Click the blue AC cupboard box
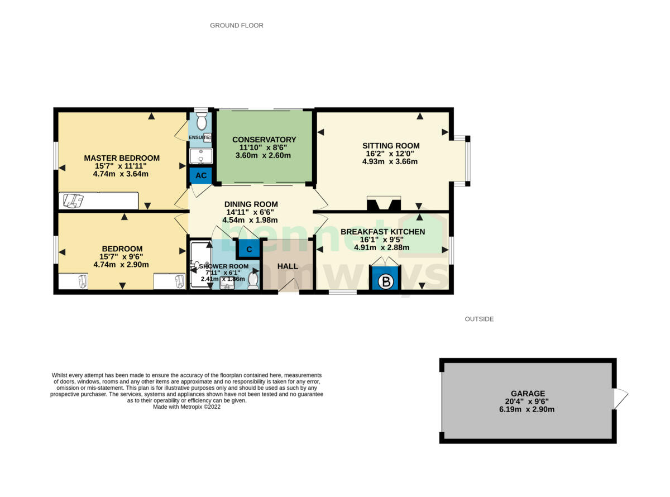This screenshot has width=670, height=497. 200,176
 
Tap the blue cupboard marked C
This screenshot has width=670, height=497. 249,248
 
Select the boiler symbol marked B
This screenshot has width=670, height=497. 386,281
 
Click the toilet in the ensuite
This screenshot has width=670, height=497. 202,121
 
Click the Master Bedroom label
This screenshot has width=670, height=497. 122,158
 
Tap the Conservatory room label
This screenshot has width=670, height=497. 264,140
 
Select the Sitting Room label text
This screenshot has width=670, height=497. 390,146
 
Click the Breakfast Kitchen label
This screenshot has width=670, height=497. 382,232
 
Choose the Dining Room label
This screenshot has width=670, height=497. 251,204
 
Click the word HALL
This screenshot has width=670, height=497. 288,266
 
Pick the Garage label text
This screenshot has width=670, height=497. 528,393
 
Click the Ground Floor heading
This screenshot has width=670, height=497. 237,25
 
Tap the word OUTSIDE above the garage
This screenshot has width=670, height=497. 479,319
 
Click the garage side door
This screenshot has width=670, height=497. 620,399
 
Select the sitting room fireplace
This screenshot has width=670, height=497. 384,203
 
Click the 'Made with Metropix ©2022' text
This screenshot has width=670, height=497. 187,407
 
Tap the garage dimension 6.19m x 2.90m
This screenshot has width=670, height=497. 528,409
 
